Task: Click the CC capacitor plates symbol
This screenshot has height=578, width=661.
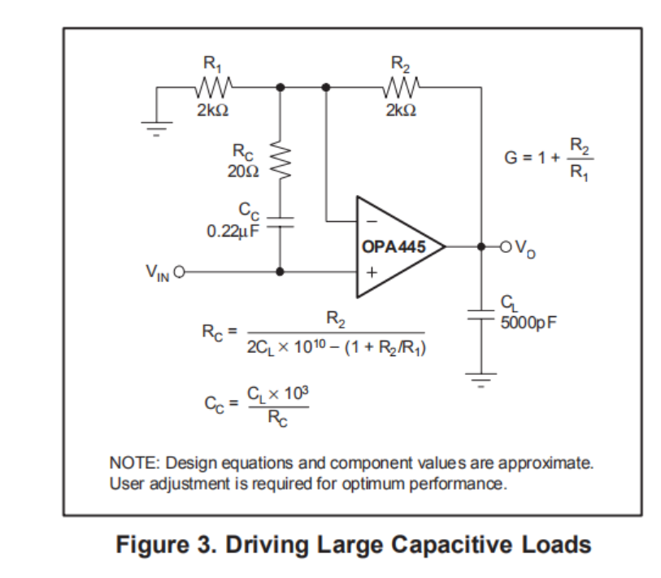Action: click(280, 227)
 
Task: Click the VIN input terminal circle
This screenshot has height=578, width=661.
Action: click(178, 272)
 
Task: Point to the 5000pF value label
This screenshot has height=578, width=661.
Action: click(528, 322)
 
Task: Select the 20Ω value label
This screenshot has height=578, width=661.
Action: click(243, 172)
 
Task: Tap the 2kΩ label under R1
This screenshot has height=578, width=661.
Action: click(213, 111)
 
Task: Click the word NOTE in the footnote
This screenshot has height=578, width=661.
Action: click(133, 463)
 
